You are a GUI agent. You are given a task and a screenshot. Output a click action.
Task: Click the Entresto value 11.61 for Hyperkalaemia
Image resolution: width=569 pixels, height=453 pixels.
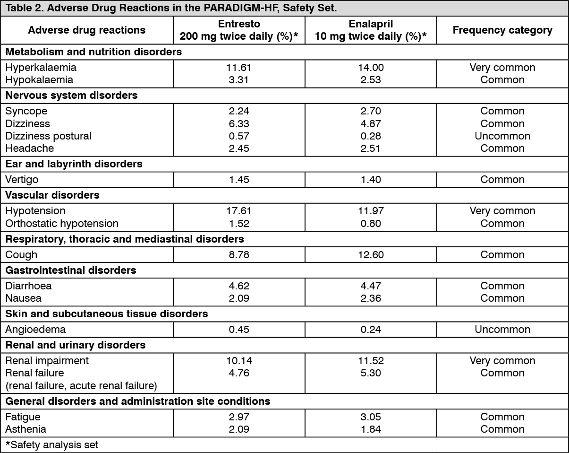pyautogui.click(x=238, y=68)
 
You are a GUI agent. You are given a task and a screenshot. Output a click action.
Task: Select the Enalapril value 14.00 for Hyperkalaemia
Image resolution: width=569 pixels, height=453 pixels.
pyautogui.click(x=371, y=68)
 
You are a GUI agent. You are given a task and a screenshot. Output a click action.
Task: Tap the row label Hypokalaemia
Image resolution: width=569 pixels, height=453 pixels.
pyautogui.click(x=39, y=80)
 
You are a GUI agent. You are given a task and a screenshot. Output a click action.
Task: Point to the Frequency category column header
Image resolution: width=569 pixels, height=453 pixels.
pyautogui.click(x=502, y=30)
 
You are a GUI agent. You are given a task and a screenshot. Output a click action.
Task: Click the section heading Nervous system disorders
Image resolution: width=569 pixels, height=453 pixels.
pyautogui.click(x=72, y=96)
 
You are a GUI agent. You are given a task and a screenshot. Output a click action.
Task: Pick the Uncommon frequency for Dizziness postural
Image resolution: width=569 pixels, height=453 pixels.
pyautogui.click(x=502, y=136)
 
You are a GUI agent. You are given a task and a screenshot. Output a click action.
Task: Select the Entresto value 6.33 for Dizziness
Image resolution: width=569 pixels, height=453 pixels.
pyautogui.click(x=238, y=124)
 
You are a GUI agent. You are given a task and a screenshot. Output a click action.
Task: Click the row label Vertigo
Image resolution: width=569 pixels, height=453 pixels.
pyautogui.click(x=22, y=180)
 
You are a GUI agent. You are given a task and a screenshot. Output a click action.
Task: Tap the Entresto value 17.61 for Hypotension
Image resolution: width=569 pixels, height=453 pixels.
pyautogui.click(x=238, y=211)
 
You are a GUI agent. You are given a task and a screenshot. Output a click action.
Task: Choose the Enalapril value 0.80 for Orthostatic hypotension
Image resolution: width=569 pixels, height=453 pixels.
pyautogui.click(x=371, y=223)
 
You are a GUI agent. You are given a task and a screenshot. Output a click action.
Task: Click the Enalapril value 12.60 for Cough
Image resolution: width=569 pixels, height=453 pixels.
pyautogui.click(x=371, y=255)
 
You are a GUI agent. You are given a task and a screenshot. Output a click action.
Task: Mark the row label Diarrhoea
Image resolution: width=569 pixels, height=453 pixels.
pyautogui.click(x=28, y=286)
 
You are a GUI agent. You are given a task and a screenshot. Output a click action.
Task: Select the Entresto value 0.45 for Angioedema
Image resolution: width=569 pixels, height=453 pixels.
pyautogui.click(x=238, y=330)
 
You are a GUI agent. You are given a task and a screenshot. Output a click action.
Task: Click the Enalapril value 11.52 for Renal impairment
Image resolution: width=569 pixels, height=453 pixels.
pyautogui.click(x=371, y=361)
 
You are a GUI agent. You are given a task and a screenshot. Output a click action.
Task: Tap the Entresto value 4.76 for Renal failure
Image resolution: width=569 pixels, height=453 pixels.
pyautogui.click(x=238, y=373)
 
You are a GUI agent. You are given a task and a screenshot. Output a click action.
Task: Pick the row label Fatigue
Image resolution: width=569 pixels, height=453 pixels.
pyautogui.click(x=23, y=417)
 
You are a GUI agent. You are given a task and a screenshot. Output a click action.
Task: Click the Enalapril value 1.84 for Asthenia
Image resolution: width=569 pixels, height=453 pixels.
pyautogui.click(x=371, y=429)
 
